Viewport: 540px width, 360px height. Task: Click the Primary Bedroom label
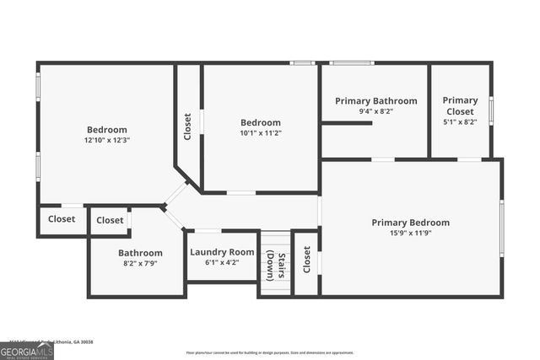tap(410, 223)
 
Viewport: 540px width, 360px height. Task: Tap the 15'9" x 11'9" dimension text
tap(410, 234)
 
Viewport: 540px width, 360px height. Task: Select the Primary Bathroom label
tap(375, 101)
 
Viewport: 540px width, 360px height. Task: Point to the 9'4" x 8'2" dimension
tap(375, 111)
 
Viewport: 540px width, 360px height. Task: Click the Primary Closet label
tap(460, 105)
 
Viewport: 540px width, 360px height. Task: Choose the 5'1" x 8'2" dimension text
tap(460, 121)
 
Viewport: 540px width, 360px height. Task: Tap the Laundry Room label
tap(222, 252)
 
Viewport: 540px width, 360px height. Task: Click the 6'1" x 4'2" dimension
tap(222, 262)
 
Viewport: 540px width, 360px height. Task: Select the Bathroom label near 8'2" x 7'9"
tap(140, 253)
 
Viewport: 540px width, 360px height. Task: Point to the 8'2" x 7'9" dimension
tap(140, 263)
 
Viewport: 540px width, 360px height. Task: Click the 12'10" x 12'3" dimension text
tap(106, 140)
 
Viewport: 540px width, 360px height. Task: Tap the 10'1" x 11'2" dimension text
tap(260, 132)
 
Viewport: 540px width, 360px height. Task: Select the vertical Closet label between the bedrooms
tap(188, 126)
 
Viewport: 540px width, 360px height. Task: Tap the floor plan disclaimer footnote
tap(270, 352)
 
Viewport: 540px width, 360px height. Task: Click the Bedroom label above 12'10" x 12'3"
tap(106, 129)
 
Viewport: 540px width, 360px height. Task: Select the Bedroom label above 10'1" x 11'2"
tap(260, 122)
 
